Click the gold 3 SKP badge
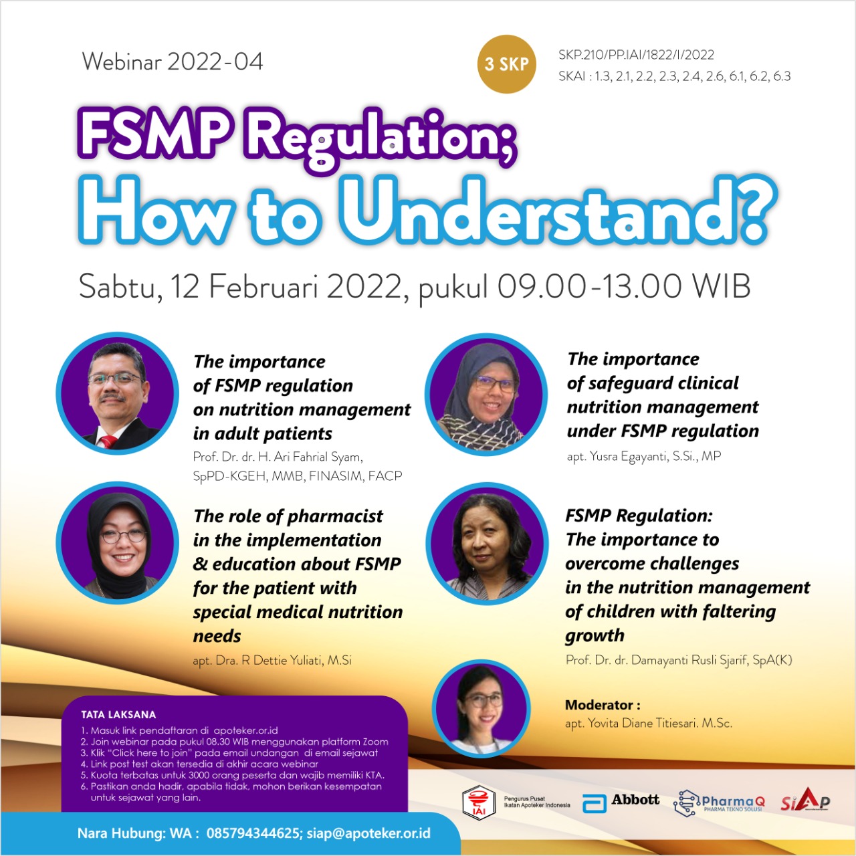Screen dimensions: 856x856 506,64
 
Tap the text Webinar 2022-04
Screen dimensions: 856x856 173,62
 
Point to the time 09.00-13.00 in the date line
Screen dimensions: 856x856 589,286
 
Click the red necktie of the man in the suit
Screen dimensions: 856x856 108,441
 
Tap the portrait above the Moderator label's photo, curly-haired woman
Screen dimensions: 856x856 487,544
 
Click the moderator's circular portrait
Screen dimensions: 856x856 481,708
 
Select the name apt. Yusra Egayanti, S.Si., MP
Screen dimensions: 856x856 643,456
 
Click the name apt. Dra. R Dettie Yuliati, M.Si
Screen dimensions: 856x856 272,661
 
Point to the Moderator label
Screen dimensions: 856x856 603,705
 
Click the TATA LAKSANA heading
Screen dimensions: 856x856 118,715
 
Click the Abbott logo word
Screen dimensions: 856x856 635,800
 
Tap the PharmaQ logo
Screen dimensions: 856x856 719,802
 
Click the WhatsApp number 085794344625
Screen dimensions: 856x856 252,833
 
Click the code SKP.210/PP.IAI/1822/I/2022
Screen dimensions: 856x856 636,55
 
